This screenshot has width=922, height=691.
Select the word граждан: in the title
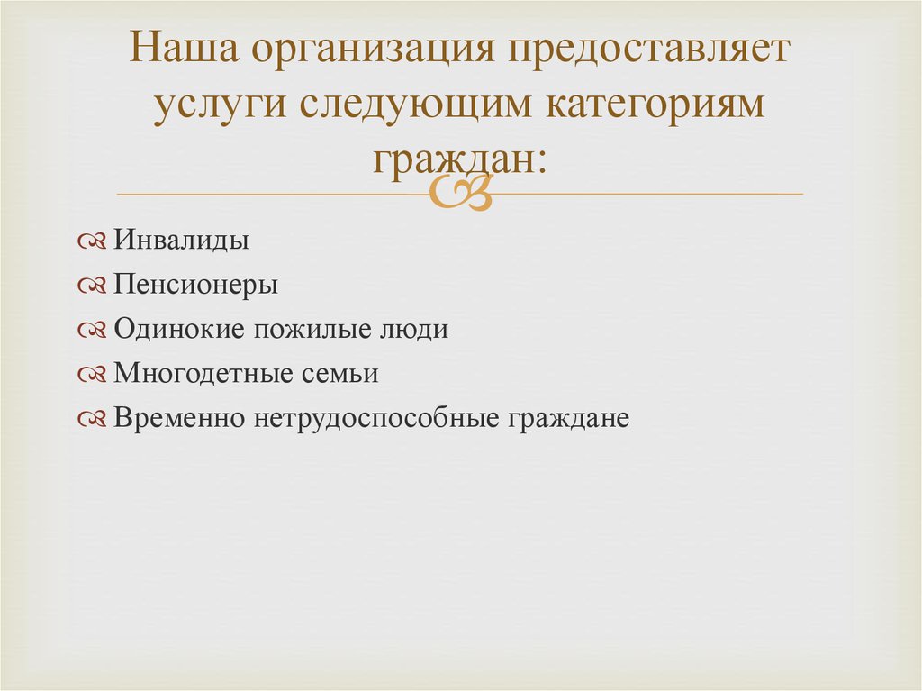(459, 159)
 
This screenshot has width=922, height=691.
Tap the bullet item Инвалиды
(182, 241)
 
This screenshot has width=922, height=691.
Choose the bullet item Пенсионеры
(196, 285)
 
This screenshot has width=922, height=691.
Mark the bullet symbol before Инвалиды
(94, 241)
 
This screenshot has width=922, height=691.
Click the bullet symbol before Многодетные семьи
(94, 375)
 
